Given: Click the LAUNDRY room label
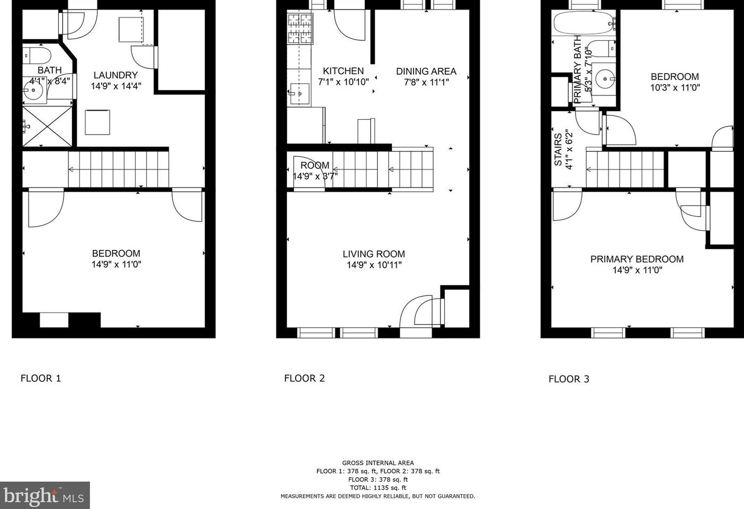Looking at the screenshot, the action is point(115,75).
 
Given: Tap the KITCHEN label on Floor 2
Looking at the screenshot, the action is point(344,71).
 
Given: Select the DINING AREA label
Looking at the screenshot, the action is point(426,71).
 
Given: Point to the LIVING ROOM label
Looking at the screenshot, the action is point(374,254).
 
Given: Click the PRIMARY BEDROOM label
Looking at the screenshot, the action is point(637,259).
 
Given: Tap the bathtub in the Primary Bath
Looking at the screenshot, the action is point(585,23).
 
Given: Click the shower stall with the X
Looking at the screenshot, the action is point(47,126).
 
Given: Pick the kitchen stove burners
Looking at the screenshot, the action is point(300,29).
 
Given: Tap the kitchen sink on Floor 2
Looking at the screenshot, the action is point(300,94).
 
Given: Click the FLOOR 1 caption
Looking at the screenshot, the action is point(41,378).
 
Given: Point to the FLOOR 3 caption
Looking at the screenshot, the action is point(569,379).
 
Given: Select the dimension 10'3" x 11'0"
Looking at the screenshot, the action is point(675,88).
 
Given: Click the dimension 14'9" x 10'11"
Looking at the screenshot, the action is point(374,265).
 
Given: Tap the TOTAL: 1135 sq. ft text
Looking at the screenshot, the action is point(378,488).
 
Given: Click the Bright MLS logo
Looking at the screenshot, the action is point(44,495).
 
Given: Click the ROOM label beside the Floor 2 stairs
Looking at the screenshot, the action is point(315,165).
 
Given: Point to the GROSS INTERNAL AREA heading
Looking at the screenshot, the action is point(378,463).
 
